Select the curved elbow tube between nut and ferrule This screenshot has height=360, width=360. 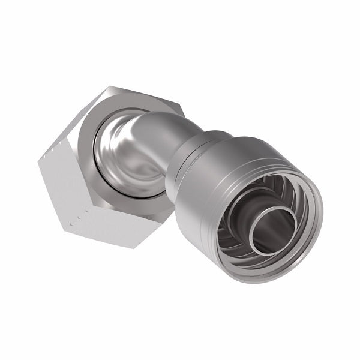pos(157,129)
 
